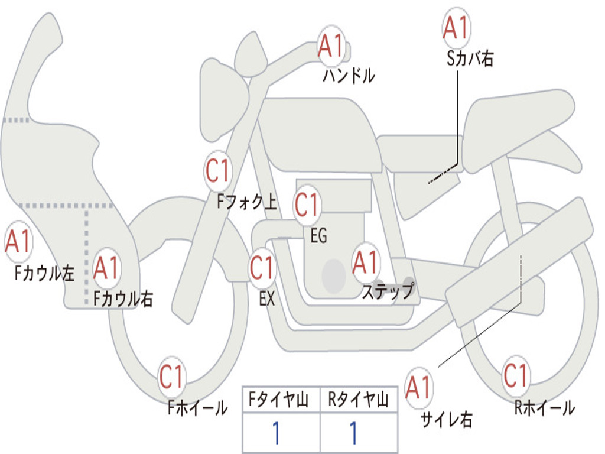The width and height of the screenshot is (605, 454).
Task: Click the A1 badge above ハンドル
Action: coord(331,46)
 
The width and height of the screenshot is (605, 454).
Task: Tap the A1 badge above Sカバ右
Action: coord(456,28)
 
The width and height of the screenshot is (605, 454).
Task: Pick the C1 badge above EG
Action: coord(307,205)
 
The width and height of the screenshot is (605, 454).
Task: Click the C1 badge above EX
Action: coord(262,268)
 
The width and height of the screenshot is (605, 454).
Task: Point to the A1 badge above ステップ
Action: coord(365,262)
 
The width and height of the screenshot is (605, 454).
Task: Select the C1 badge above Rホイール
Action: coord(515,375)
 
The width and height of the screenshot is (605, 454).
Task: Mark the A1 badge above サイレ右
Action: coord(418,387)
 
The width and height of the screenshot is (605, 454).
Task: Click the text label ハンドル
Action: coord(349,76)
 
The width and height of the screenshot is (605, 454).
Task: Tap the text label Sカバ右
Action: coord(470,59)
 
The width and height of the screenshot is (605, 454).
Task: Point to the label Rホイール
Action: coord(544,407)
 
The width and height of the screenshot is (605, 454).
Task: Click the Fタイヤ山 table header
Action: coord(281,401)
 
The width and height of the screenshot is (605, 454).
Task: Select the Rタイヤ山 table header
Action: coord(358,401)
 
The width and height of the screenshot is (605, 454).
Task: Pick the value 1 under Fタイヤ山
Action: coord(275,433)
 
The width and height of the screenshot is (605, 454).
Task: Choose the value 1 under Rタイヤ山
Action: coord(353,433)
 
